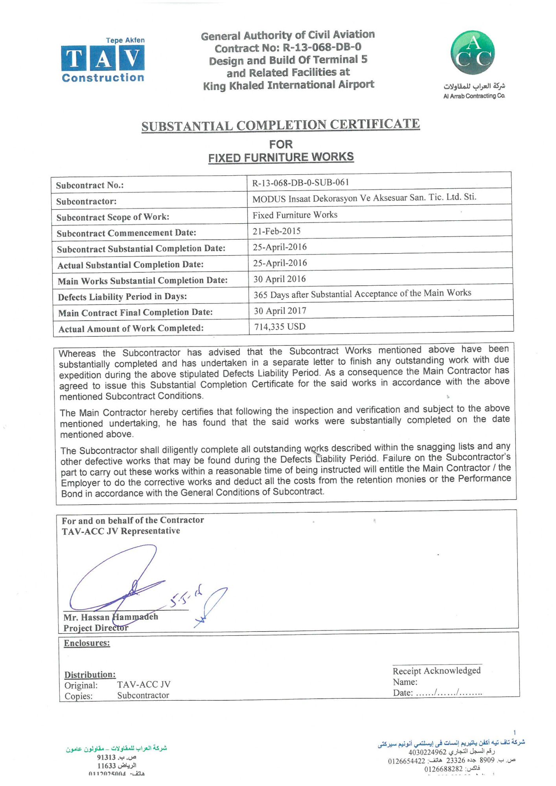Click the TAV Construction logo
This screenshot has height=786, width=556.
pos(103,60)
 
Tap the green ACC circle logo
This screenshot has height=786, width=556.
pos(472,53)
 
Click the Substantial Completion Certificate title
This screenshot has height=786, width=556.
pos(280,125)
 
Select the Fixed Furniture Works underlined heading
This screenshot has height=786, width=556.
pos(281,157)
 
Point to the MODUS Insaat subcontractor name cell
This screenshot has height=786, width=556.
pos(364,198)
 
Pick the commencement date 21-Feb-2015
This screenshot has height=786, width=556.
pos(276,231)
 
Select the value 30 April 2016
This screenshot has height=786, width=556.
pos(280,279)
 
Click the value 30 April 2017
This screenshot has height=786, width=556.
pos(280,311)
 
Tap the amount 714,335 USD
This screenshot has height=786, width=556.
pos(280,327)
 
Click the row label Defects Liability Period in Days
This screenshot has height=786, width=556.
pos(122,297)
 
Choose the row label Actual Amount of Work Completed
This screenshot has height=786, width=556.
pos(131,329)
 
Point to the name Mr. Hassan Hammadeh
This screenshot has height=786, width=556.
pos(111,617)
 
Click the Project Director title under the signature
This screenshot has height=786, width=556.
pos(96,628)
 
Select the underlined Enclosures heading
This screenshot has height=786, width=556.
pos(87,643)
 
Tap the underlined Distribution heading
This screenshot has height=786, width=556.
pos(90,674)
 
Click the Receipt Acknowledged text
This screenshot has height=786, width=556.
pos(436,670)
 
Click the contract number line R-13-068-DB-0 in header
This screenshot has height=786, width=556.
pos(288,48)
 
